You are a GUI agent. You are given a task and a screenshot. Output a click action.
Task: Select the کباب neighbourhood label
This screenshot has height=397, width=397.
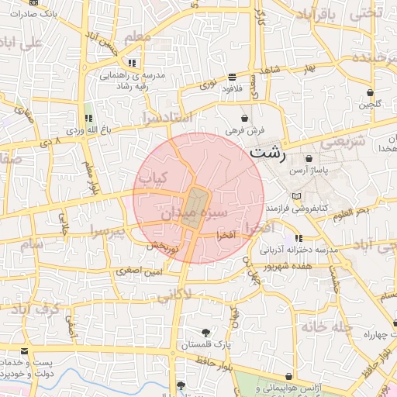[153, 179]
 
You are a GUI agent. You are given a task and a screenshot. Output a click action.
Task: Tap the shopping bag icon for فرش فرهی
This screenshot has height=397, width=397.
[246, 119]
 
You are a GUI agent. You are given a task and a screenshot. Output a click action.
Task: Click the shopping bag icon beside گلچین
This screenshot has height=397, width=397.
[371, 92]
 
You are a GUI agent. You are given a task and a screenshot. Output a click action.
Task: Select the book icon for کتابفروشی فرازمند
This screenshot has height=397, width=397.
[295, 196]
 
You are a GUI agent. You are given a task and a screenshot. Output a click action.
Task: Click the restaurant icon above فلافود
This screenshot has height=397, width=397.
[232, 76]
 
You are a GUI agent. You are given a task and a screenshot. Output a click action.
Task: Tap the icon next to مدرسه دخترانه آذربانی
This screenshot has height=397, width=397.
[299, 238]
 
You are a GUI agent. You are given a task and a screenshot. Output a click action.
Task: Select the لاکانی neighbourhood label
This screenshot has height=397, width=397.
[175, 296]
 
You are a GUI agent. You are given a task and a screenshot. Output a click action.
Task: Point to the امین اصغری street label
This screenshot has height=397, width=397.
[140, 271]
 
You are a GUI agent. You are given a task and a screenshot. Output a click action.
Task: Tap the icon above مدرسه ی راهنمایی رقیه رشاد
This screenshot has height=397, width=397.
[132, 62]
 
